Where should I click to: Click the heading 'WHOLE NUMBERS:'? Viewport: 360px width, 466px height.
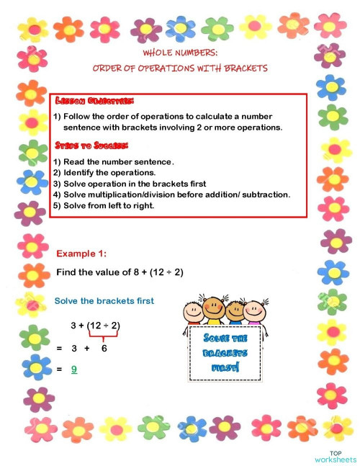[x=180, y=53]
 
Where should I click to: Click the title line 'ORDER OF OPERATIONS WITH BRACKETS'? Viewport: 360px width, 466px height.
[x=180, y=68]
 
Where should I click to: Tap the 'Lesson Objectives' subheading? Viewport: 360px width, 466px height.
[x=94, y=101]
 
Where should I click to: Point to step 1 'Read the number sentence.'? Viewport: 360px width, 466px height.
[x=114, y=161]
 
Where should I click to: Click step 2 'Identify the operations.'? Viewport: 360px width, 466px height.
[x=104, y=173]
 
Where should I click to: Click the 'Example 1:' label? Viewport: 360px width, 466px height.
[x=81, y=254]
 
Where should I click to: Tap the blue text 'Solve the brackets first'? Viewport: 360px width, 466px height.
[x=104, y=300]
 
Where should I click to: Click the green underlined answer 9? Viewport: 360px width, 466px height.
[x=73, y=369]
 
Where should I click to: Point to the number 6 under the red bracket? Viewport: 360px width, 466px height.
[x=104, y=348]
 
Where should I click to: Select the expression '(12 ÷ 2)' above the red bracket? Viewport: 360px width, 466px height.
[x=103, y=326]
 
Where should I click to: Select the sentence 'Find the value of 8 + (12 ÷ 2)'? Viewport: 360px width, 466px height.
[x=129, y=272]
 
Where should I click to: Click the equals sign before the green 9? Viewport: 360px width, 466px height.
[x=59, y=369]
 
